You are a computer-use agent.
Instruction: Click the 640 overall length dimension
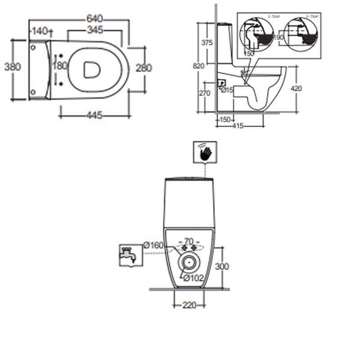[95, 18]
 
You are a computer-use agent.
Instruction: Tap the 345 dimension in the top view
[95, 30]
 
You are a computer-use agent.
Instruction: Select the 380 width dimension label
[13, 67]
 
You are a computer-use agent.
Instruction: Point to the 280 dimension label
[144, 68]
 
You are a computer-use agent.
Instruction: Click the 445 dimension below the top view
[94, 115]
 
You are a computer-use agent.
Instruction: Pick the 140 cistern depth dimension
[40, 31]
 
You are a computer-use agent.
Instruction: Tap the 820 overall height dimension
[199, 66]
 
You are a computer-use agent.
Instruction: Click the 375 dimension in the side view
[207, 43]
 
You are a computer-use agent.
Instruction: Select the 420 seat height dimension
[296, 88]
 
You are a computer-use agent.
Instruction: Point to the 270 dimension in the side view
[205, 93]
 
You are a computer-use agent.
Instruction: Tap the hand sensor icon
[205, 153]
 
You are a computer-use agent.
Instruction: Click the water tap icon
[128, 255]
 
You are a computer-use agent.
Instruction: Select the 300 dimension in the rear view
[221, 266]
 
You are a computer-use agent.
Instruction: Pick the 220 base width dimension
[189, 305]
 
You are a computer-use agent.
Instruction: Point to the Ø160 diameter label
[153, 245]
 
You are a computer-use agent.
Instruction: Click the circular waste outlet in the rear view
[188, 261]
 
